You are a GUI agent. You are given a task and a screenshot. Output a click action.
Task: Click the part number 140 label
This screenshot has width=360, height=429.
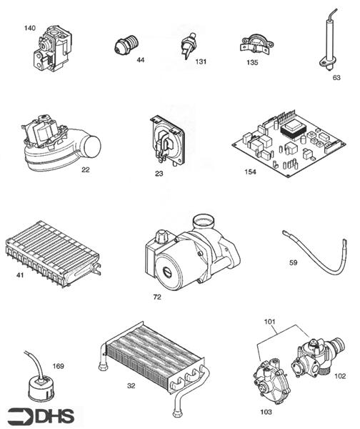(x=29, y=28)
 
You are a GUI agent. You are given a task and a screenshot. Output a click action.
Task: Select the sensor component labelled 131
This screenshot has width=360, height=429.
(x=188, y=45)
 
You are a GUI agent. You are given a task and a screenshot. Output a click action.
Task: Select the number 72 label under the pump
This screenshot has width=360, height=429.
(x=157, y=296)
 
